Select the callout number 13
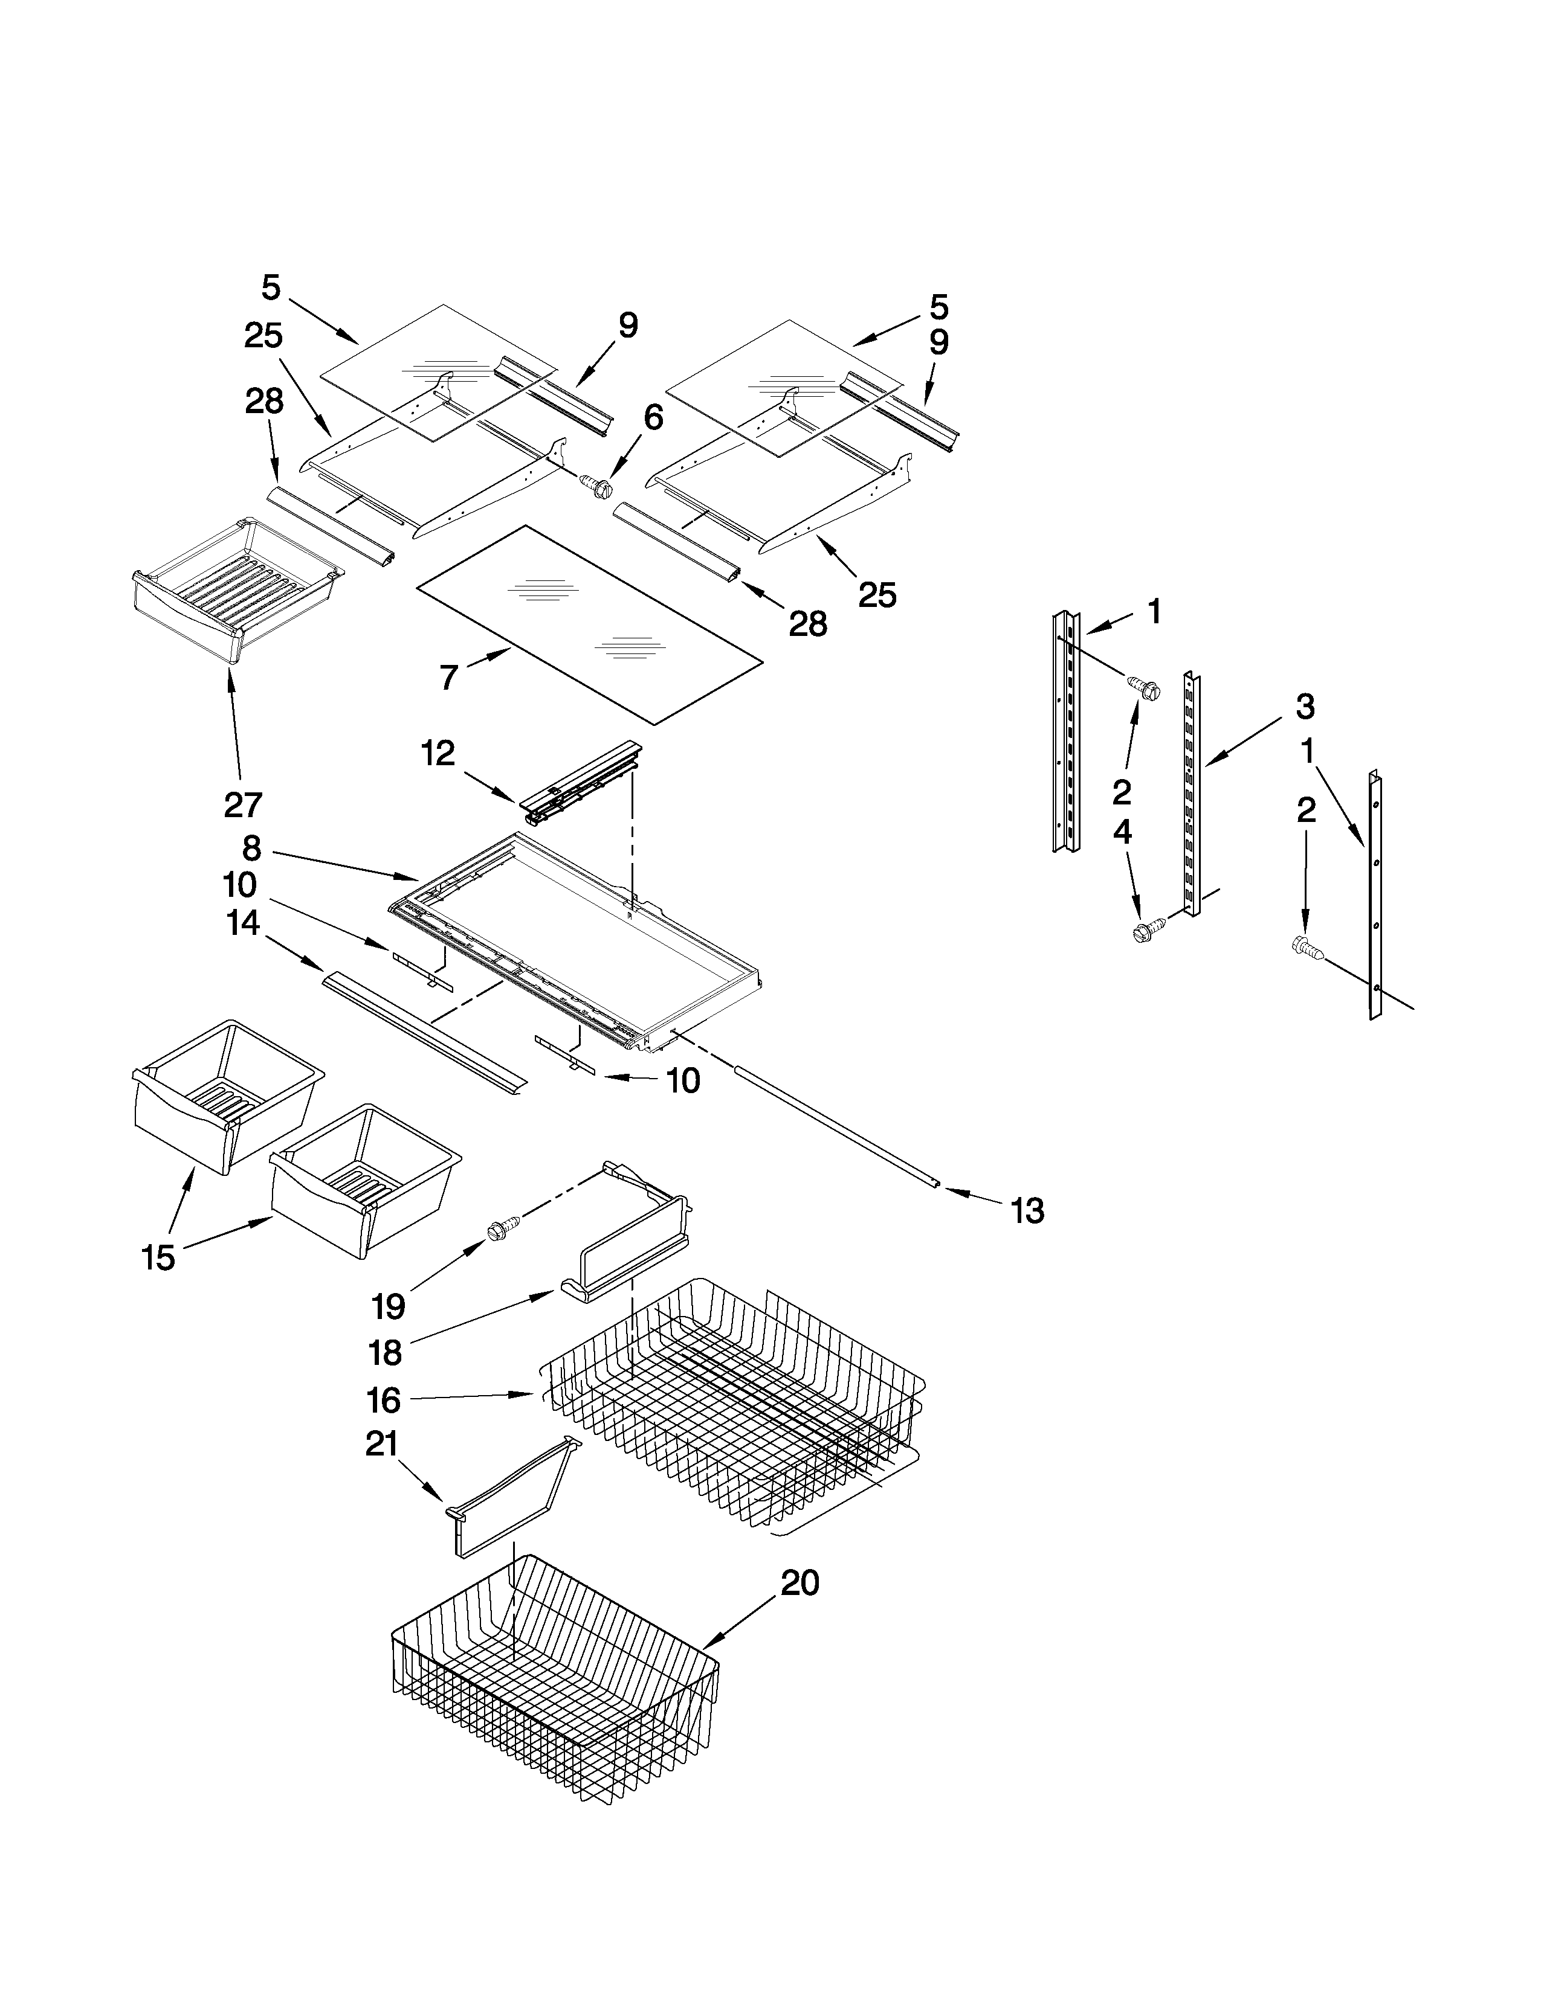[x=1027, y=1211]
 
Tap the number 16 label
[x=383, y=1400]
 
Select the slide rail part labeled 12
[x=580, y=783]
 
